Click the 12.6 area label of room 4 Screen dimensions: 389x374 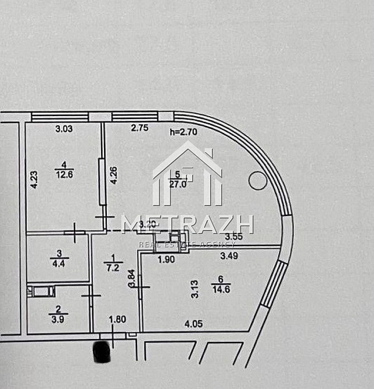64,173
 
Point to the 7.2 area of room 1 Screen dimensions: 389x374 113,268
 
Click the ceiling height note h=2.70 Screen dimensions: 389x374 184,131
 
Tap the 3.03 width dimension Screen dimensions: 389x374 64,129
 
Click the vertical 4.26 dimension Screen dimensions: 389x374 114,175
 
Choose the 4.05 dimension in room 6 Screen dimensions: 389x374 193,324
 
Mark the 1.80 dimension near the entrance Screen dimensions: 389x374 118,319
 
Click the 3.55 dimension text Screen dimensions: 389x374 233,236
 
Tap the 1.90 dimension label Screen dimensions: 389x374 167,260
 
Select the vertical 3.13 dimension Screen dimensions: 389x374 195,289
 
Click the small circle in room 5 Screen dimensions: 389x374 257,181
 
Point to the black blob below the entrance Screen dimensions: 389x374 102,352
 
